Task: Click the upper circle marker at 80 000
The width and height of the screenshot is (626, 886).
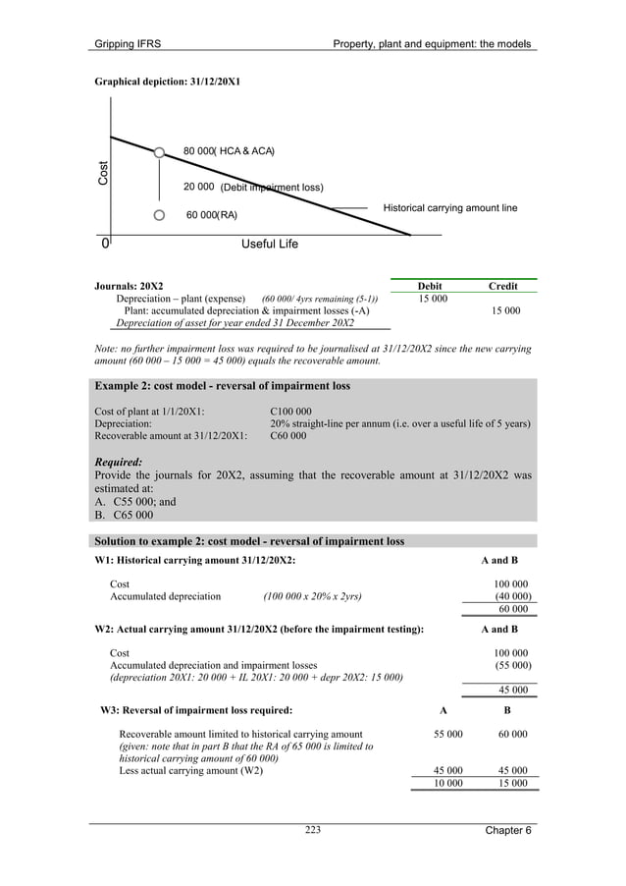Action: pos(159,152)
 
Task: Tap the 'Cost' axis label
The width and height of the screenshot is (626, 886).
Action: pos(103,175)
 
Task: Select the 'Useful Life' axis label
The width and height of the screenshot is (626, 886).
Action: pos(269,244)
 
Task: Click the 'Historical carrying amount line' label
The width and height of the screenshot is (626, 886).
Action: pos(449,208)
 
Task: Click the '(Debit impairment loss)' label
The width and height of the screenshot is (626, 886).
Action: pos(271,187)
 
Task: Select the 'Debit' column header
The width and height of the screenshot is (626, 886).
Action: pos(430,286)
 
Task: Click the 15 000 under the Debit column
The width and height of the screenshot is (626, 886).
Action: pos(434,298)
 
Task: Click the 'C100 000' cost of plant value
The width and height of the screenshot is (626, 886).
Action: pos(290,412)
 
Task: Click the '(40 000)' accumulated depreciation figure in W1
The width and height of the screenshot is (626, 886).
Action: pos(513,595)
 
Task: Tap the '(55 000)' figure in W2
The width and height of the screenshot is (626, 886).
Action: pos(513,665)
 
